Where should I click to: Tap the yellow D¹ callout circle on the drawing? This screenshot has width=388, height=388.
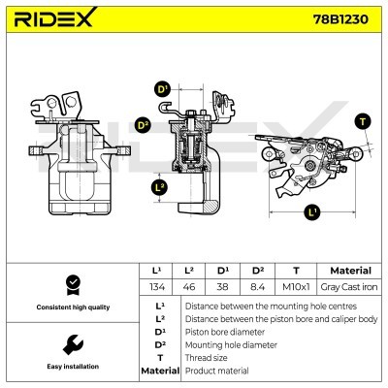(x=162, y=89)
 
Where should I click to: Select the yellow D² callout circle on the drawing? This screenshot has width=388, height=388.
(x=143, y=125)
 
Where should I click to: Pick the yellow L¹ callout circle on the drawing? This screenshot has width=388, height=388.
(x=311, y=210)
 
